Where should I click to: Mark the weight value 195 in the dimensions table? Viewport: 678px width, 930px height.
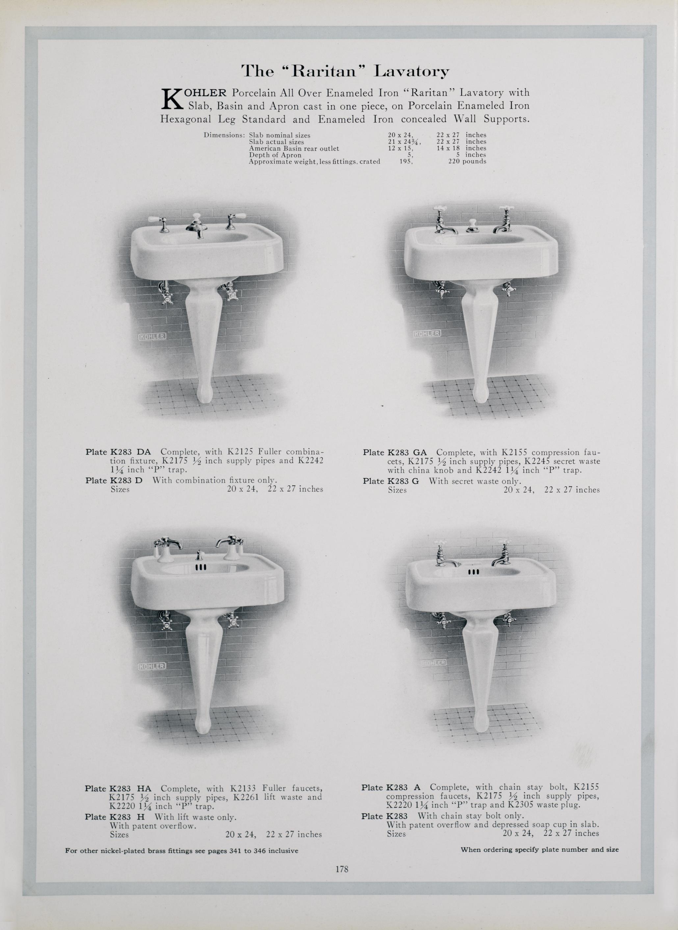pyautogui.click(x=406, y=162)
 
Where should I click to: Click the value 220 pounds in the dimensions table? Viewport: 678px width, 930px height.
pyautogui.click(x=467, y=162)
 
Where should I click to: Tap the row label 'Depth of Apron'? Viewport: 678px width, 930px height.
pyautogui.click(x=275, y=155)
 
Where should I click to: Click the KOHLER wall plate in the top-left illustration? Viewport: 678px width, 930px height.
pyautogui.click(x=152, y=336)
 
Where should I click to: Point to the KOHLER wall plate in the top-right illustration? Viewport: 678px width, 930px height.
pyautogui.click(x=427, y=333)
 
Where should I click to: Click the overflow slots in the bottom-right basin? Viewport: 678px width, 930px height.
pyautogui.click(x=474, y=572)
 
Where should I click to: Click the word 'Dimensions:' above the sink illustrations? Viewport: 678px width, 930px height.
pyautogui.click(x=224, y=135)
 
